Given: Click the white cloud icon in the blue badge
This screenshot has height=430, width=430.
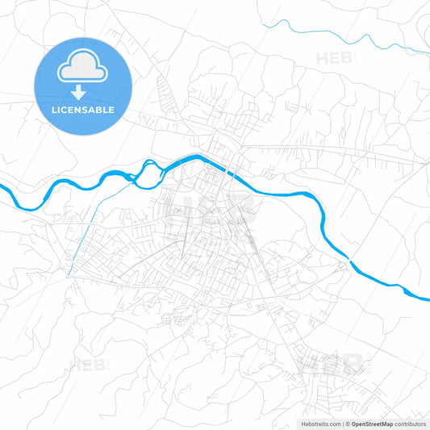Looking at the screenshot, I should pos(82,69).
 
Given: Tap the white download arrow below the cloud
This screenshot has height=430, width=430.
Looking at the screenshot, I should pos(82,93).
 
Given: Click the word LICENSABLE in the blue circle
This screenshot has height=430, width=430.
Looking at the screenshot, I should pos(82,110).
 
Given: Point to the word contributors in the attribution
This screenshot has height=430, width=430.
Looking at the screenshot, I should pos(411,424).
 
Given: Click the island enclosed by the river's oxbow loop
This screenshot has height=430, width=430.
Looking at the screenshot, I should pos(148,170).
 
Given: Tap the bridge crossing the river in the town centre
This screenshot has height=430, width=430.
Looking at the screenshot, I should pos(229,172).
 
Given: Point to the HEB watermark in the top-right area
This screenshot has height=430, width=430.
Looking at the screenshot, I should pos(335,58).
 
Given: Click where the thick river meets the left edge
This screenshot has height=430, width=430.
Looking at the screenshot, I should pos(2,190).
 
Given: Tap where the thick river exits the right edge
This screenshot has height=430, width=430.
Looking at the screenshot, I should pos(428,298).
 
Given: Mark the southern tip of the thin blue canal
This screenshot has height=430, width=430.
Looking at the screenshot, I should pos(69,274).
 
